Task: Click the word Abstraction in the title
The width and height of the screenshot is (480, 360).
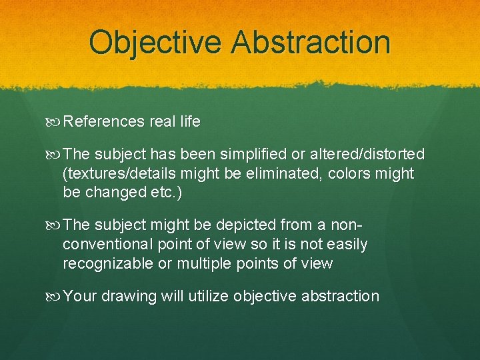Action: point(311,41)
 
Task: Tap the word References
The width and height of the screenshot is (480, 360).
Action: point(104,121)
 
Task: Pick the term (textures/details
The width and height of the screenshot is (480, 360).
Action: point(117,174)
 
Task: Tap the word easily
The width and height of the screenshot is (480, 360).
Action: point(345,245)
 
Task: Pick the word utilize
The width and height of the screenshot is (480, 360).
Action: point(207,297)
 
